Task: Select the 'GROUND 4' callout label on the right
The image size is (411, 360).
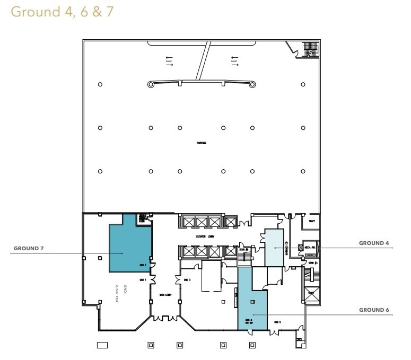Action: click(x=374, y=243)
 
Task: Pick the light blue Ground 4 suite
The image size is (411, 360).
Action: click(x=274, y=248)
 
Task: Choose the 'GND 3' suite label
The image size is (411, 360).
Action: click(x=186, y=279)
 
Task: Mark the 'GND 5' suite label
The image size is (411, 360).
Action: click(x=277, y=322)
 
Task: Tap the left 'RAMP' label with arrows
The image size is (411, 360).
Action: click(x=169, y=61)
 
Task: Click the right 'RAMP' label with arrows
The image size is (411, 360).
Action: click(x=234, y=61)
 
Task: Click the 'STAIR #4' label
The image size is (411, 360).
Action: click(x=312, y=262)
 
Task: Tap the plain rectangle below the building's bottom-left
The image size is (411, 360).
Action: click(x=102, y=345)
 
